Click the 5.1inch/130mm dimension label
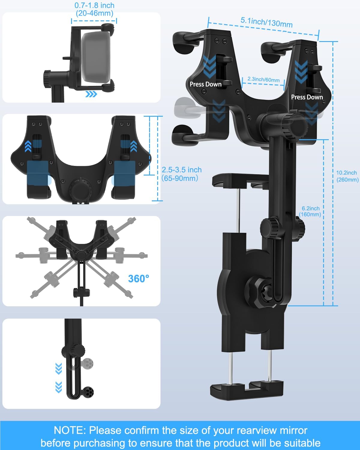(266, 22)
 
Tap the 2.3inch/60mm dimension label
(264, 79)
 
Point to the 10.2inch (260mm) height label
(347, 176)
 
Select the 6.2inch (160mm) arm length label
(310, 211)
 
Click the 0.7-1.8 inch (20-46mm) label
(94, 9)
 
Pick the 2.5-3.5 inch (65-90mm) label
(181, 174)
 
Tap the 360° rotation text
(139, 279)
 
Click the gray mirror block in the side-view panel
(95, 57)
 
